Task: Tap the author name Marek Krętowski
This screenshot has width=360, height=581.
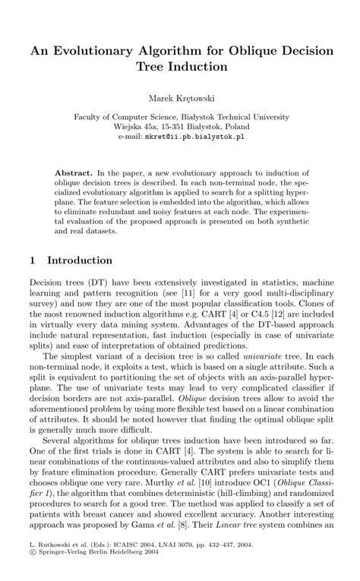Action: point(180,98)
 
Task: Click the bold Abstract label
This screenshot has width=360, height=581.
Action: point(74,174)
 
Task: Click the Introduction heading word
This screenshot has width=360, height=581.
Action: point(80,260)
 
